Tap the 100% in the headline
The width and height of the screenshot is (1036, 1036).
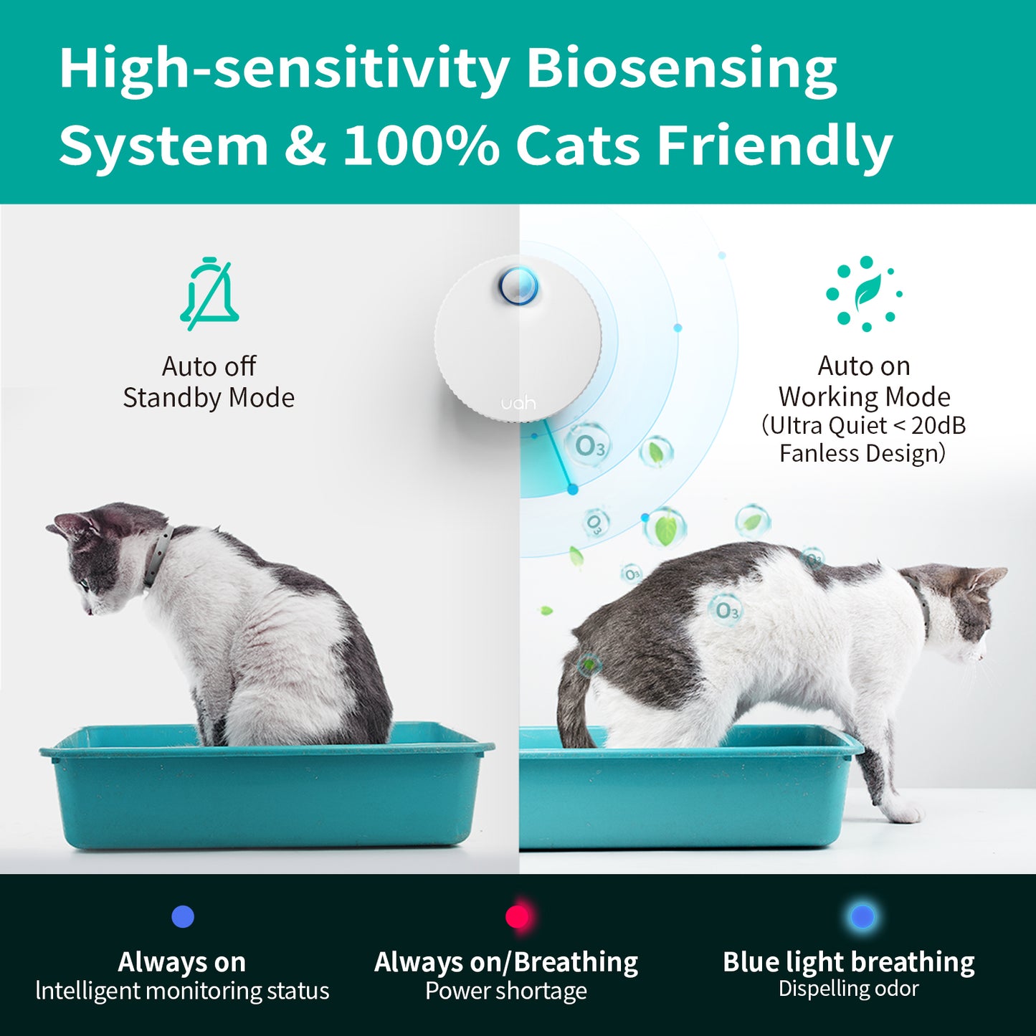point(421,146)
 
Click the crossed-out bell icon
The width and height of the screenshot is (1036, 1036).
point(209,294)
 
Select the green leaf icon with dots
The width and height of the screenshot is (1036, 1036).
point(865,293)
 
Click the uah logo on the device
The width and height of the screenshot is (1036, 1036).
point(518,403)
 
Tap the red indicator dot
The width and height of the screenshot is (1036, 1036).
point(518,916)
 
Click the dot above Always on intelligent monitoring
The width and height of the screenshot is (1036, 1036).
point(183,916)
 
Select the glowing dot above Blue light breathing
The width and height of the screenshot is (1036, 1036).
point(862,916)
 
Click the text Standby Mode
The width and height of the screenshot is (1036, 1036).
point(209,398)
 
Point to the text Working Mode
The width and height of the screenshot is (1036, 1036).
point(864,396)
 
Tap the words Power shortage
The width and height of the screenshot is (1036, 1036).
point(506,991)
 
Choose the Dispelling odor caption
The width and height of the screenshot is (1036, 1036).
point(848,989)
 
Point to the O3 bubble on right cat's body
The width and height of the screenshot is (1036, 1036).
point(726,610)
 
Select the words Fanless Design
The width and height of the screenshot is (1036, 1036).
point(862,454)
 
